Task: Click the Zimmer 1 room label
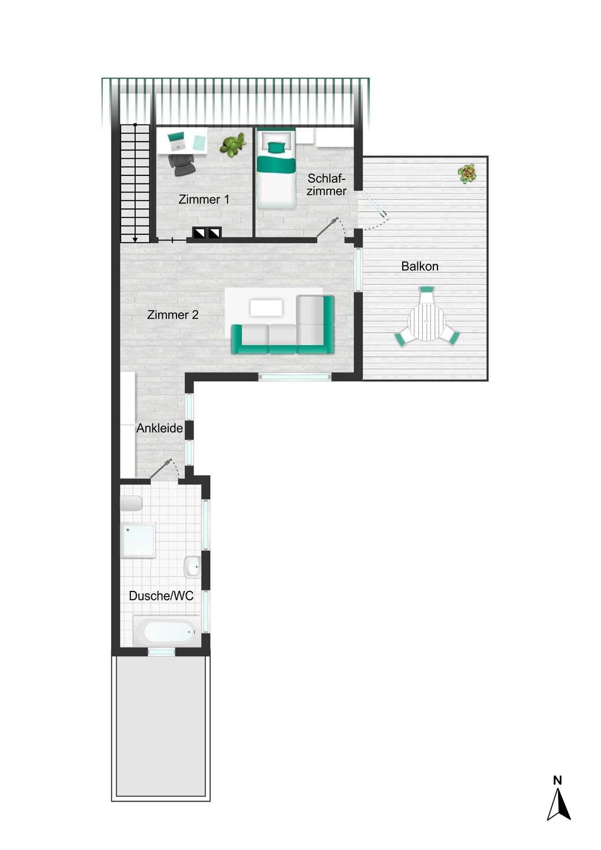(x=204, y=200)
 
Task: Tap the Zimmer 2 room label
(x=172, y=315)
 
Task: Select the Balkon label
(x=420, y=266)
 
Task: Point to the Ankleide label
(x=160, y=429)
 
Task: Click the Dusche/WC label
(x=161, y=596)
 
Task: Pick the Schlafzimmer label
(x=326, y=184)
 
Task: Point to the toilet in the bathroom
(x=131, y=504)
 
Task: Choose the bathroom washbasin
(x=192, y=567)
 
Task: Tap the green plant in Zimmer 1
(x=233, y=144)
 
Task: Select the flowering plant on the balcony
(x=467, y=174)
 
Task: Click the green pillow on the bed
(x=276, y=147)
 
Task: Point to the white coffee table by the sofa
(x=266, y=308)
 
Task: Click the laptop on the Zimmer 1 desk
(x=176, y=140)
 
